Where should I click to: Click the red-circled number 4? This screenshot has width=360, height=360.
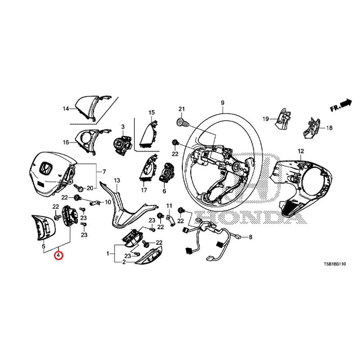pyautogui.click(x=58, y=255)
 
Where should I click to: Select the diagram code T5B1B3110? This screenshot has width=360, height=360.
pyautogui.click(x=334, y=264)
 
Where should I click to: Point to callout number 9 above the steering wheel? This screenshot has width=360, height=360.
pyautogui.click(x=222, y=103)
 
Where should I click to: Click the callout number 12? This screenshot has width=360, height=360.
pyautogui.click(x=301, y=151)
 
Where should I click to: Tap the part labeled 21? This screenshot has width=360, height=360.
pyautogui.click(x=183, y=123)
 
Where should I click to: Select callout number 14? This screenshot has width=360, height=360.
pyautogui.click(x=66, y=108)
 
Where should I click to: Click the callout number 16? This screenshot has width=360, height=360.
pyautogui.click(x=66, y=142)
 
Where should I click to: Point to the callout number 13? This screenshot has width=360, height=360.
pyautogui.click(x=117, y=180)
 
